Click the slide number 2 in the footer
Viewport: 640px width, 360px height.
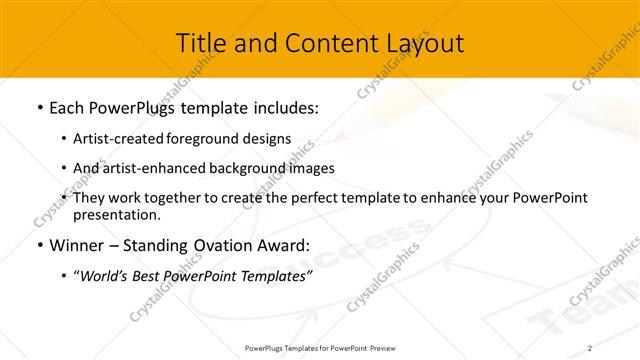click(x=590, y=348)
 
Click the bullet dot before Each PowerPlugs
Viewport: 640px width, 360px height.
click(x=39, y=107)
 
